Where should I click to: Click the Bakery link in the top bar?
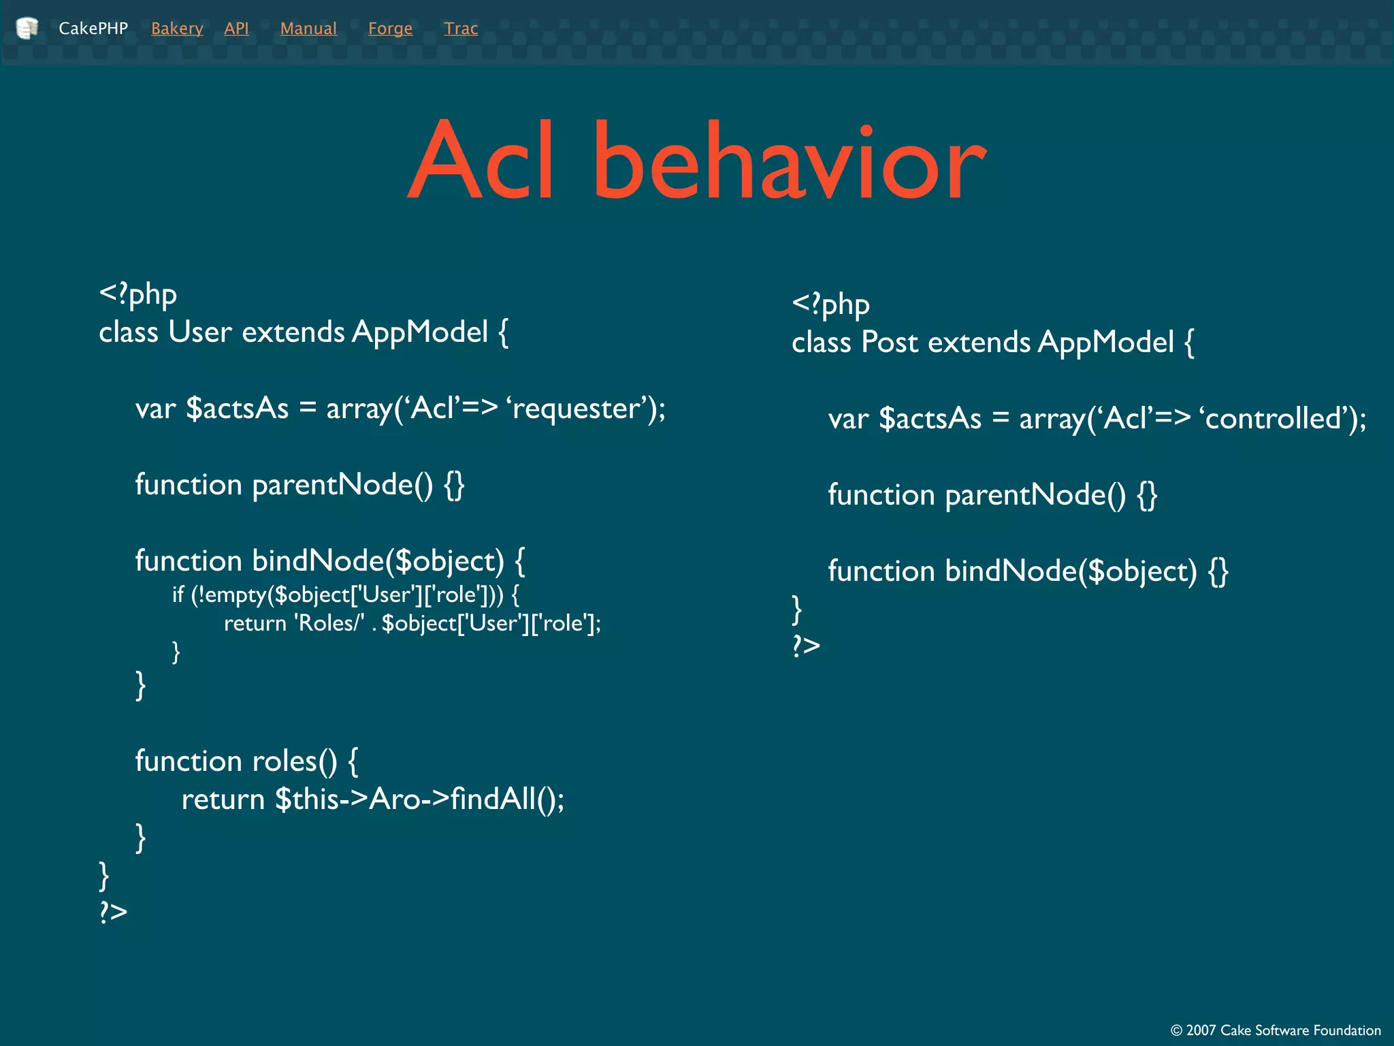point(177,29)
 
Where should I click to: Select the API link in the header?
point(236,29)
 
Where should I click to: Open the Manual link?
point(308,29)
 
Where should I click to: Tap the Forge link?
point(390,29)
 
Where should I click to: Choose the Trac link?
point(461,29)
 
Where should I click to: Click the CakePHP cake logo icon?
point(27,29)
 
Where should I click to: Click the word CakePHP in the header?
point(93,29)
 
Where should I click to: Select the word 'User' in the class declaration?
point(200,332)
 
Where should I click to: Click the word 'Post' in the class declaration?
point(890,343)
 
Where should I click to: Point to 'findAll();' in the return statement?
point(507,799)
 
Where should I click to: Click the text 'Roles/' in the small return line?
point(329,623)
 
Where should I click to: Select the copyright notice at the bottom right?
point(1276,1030)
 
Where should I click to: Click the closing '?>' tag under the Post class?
point(806,645)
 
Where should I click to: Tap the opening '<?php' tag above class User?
point(138,294)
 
